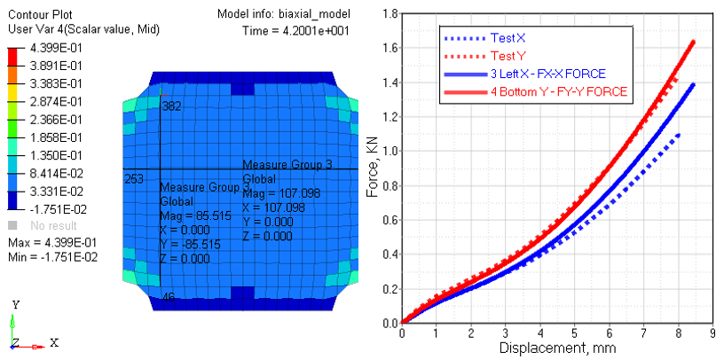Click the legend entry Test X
501,39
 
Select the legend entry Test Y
501,56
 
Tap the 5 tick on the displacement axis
575,333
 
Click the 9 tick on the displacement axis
713,333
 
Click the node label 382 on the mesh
171,106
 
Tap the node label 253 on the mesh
134,178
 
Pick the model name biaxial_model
318,15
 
